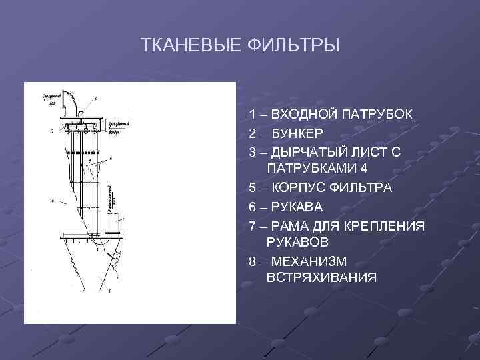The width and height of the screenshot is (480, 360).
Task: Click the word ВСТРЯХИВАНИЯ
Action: [x=321, y=276]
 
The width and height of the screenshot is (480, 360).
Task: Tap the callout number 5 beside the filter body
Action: [x=52, y=201]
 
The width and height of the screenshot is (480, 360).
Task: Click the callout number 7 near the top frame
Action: [x=52, y=131]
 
